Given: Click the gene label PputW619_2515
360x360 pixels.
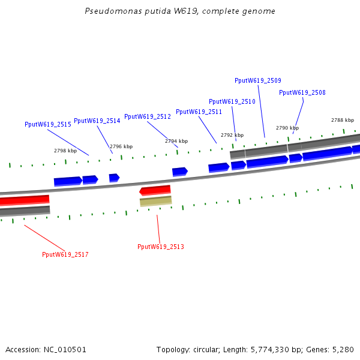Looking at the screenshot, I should (48, 124).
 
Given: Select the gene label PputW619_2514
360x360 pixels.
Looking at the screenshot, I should (97, 121).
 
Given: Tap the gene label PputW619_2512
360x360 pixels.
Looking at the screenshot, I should (148, 116).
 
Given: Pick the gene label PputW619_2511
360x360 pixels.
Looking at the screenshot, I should (199, 112).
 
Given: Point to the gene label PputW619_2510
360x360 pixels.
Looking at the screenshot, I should (232, 101).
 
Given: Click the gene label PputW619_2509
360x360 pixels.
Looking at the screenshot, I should (258, 80).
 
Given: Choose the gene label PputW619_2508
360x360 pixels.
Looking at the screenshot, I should (302, 92).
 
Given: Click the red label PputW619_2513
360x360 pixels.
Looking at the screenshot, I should (161, 247).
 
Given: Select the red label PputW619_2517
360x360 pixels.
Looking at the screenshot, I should (65, 254).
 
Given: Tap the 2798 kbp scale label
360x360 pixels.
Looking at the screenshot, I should (65, 151).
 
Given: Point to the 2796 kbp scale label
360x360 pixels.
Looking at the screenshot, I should (121, 146).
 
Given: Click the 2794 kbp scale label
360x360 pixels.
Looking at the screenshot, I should (176, 141).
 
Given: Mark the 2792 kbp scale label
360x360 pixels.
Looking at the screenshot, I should (232, 135).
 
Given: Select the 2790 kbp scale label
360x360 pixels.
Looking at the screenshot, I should (287, 128).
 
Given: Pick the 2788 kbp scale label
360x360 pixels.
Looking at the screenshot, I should (343, 120).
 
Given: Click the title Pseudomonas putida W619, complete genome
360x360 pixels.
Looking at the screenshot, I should (180, 11).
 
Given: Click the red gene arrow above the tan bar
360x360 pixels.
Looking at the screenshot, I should (155, 190).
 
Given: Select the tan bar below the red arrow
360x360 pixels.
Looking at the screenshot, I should (156, 201).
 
